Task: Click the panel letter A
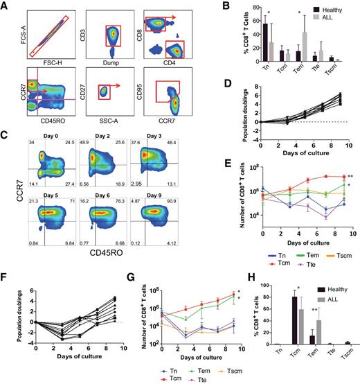click(5, 6)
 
